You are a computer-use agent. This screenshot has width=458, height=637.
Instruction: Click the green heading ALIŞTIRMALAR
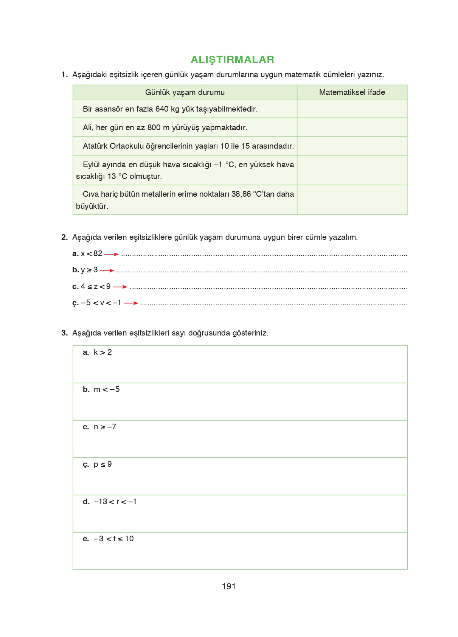tap(232, 59)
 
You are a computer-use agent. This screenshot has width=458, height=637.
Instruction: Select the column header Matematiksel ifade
tap(352, 92)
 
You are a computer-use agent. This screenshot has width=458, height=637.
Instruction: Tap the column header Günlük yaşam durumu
tap(185, 92)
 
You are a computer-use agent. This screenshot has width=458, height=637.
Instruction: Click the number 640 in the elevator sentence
tap(161, 109)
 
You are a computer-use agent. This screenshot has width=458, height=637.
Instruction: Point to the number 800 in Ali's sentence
tap(154, 127)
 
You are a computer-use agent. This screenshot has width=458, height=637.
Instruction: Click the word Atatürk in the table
tap(95, 146)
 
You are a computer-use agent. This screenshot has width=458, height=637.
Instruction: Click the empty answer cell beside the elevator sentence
tap(352, 109)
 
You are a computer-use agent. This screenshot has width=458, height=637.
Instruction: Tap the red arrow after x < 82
tap(111, 255)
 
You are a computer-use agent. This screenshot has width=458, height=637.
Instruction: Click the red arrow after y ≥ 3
tap(107, 270)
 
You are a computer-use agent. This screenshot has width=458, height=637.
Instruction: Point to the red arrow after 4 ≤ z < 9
tap(120, 287)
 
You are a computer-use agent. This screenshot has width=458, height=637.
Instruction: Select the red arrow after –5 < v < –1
tap(131, 303)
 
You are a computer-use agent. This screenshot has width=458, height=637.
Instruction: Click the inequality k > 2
tap(102, 353)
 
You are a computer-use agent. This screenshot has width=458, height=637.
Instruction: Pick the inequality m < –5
tap(107, 390)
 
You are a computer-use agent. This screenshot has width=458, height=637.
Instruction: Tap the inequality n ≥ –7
tap(105, 427)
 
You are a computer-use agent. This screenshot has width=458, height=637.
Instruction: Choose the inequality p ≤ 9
tap(102, 465)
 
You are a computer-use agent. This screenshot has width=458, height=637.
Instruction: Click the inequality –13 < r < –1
tap(115, 502)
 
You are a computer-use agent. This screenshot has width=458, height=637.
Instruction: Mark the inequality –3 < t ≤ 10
tap(113, 539)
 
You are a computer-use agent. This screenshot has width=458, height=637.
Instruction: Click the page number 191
tap(229, 587)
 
